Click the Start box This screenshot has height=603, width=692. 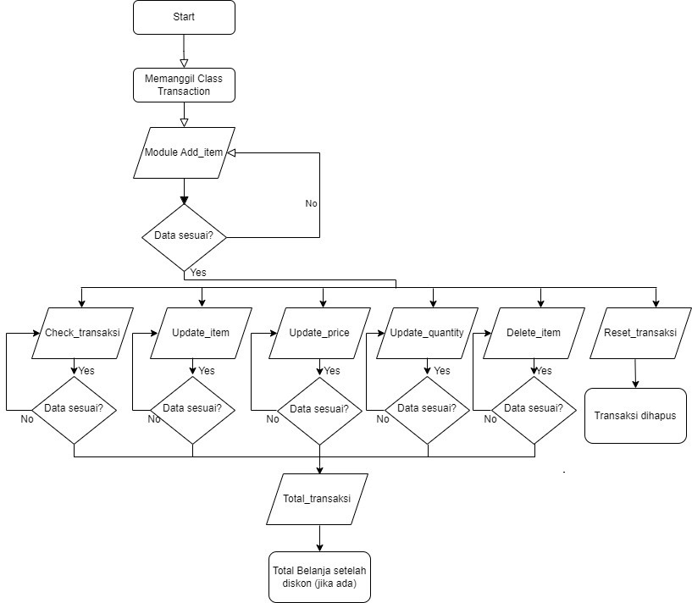pos(184,17)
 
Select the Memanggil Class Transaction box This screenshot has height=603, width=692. pos(184,85)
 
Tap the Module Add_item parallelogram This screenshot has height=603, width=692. pos(184,152)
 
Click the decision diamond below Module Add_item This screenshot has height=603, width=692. pos(184,236)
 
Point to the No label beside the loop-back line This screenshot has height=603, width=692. pos(311,204)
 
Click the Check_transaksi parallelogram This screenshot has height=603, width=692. pos(82,333)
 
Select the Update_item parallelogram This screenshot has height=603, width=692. pos(201,333)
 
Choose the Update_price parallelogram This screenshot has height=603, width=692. pos(319,333)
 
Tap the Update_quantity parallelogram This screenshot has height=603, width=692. pos(427,333)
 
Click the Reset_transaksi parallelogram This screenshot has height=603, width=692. pos(640,333)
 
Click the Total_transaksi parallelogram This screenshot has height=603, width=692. pos(320,499)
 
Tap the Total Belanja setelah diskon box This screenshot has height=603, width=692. pos(320,575)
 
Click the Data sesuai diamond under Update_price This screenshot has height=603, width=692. pos(320,410)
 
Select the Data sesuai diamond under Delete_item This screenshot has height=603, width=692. pos(534,408)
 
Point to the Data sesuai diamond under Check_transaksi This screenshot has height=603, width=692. pos(75,408)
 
